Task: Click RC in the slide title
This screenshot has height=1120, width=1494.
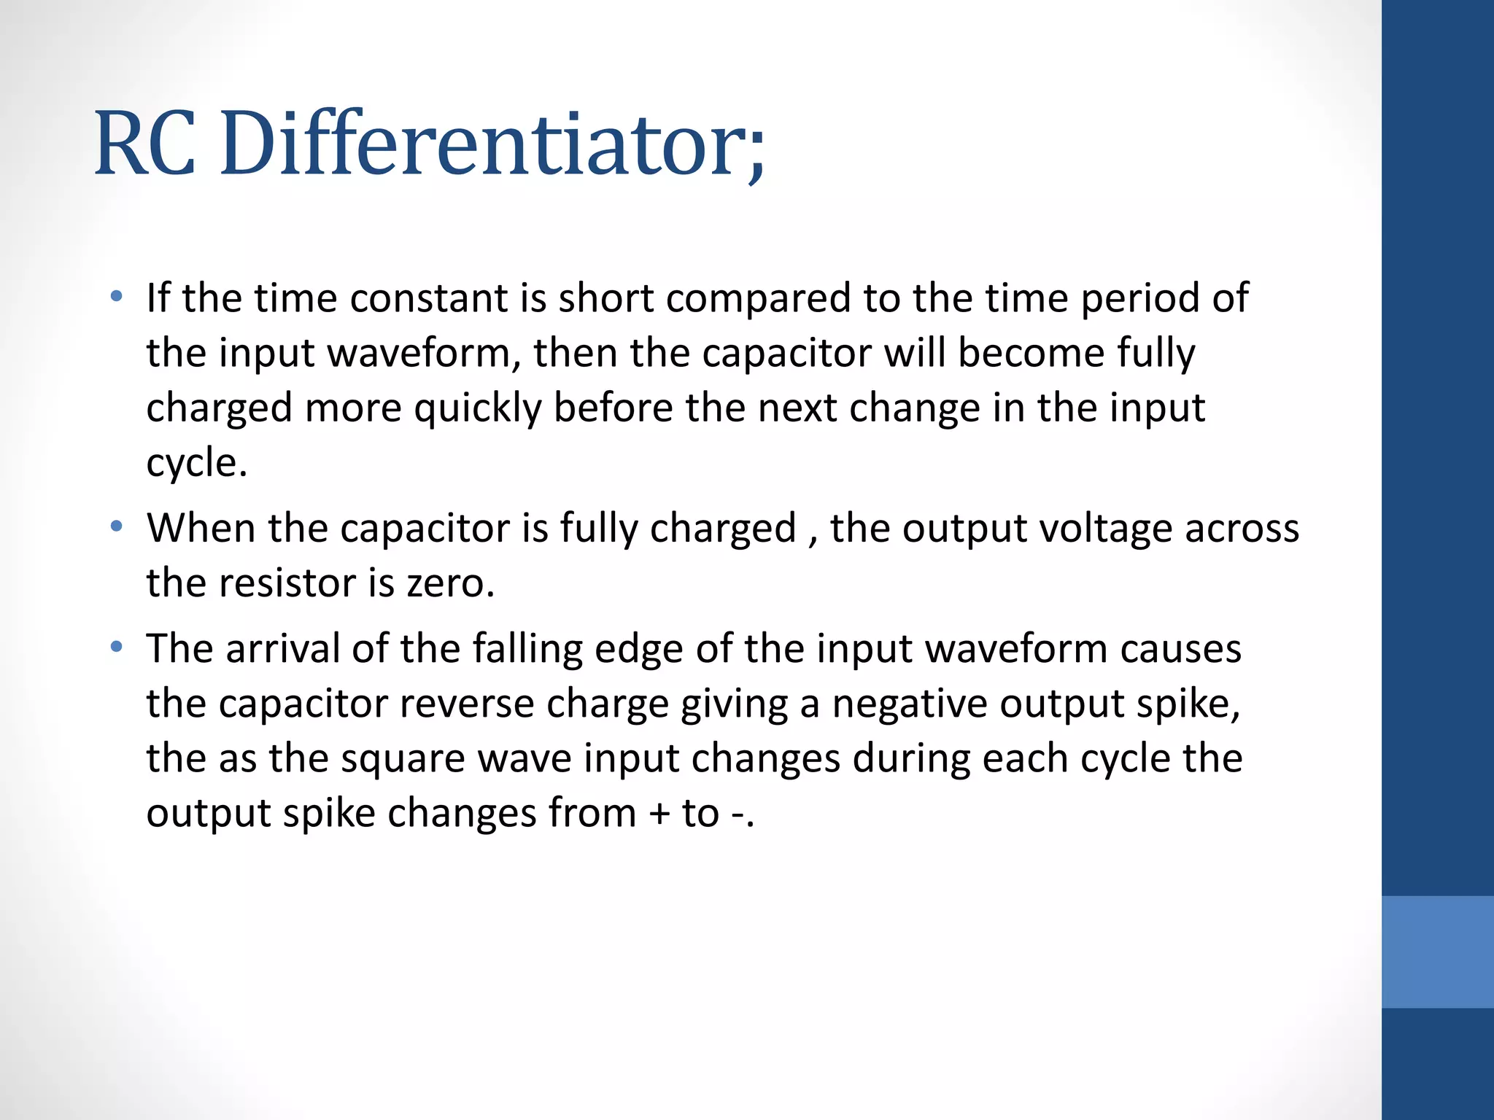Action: pyautogui.click(x=145, y=144)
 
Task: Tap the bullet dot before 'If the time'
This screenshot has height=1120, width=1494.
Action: pyautogui.click(x=116, y=296)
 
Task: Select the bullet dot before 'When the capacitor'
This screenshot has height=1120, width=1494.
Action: pyautogui.click(x=116, y=526)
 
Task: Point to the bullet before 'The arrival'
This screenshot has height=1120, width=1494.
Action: pyautogui.click(x=116, y=646)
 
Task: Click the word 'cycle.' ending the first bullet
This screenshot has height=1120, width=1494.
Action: pyautogui.click(x=196, y=463)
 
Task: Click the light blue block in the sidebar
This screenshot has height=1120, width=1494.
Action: pyautogui.click(x=1437, y=952)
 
